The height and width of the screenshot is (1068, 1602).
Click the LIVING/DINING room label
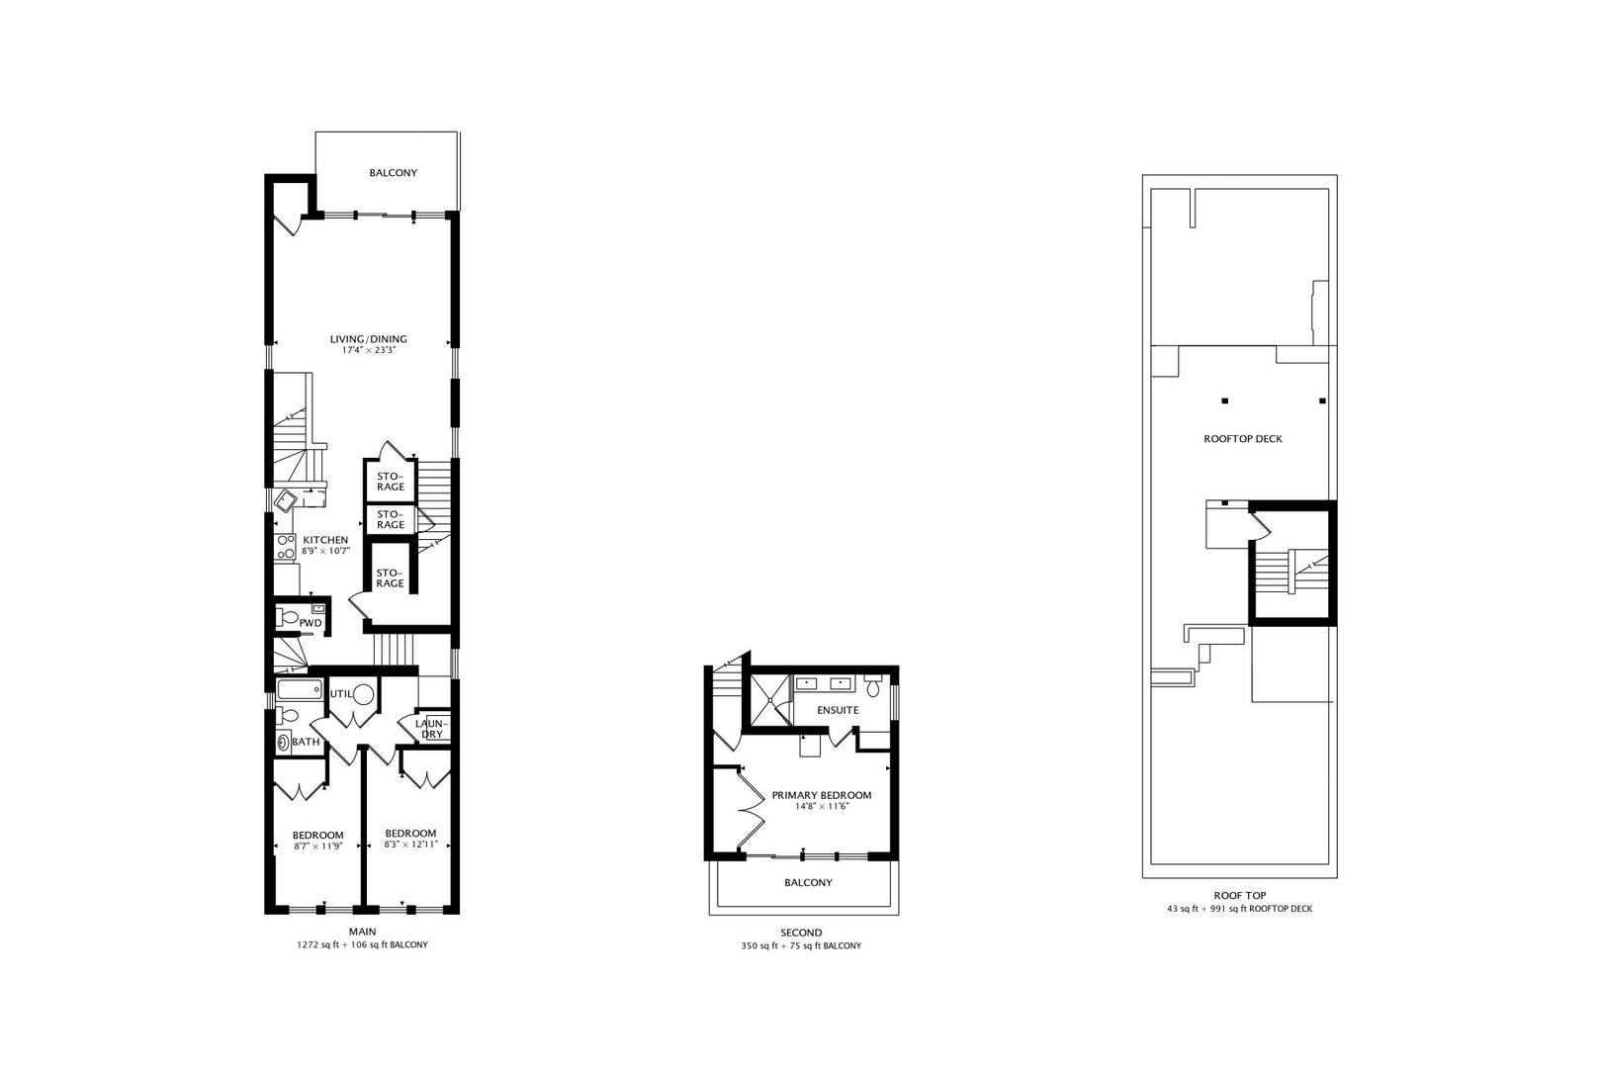point(368,339)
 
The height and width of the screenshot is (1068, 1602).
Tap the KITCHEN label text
point(325,540)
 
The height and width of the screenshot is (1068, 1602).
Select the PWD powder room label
point(311,623)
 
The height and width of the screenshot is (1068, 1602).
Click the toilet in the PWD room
point(289,618)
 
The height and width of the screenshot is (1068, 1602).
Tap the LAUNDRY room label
point(432,729)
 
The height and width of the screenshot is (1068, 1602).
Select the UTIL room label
point(341,694)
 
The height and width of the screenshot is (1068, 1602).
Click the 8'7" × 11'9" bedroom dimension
point(317,846)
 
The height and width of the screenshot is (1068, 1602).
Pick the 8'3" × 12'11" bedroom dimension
point(409,845)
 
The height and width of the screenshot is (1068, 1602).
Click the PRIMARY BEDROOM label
point(821,795)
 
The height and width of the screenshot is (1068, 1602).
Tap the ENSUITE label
point(838,710)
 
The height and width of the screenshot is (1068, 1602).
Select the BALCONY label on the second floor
point(808,882)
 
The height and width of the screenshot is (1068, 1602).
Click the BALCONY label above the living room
point(393,173)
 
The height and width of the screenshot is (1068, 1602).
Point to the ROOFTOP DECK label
point(1242,439)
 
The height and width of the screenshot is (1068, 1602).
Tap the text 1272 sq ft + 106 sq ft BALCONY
point(362,945)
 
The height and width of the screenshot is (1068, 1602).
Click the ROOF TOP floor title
point(1239,895)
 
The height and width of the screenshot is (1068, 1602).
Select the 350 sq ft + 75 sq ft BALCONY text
point(800,946)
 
